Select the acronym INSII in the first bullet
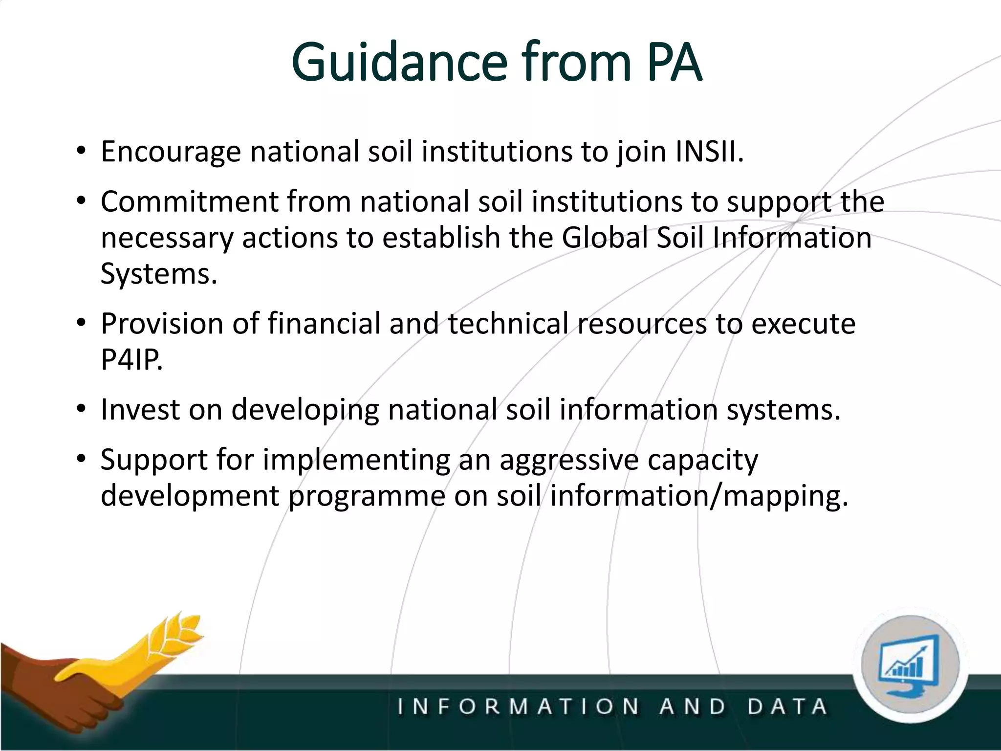pos(709,152)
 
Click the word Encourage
pos(171,153)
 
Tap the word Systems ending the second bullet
pos(158,274)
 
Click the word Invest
pos(140,409)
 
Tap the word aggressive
pos(568,461)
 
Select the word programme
pos(366,497)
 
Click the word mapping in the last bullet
pos(784,497)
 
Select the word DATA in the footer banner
pos(787,707)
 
